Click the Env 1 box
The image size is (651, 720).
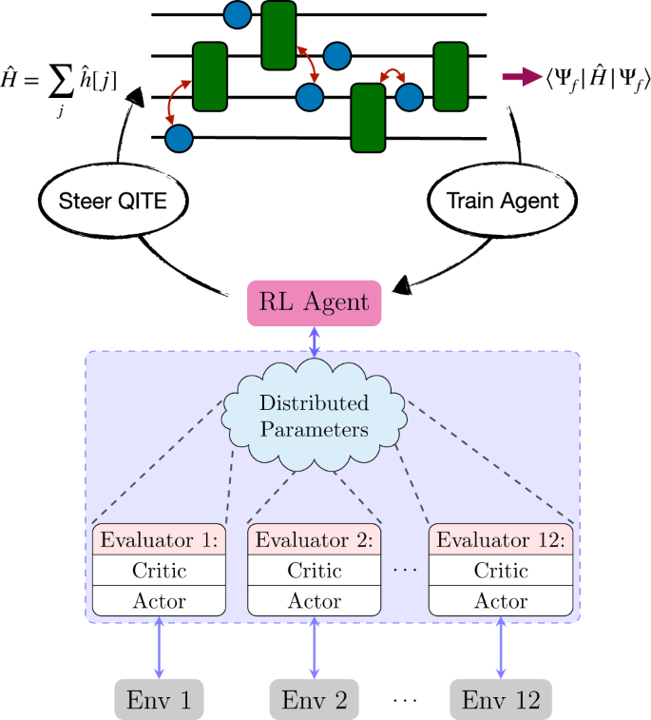158,700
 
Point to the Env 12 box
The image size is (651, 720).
501,700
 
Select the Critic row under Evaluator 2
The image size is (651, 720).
314,571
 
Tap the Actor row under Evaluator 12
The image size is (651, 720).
501,601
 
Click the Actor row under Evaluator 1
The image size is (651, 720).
159,601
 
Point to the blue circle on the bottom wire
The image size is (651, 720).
179,139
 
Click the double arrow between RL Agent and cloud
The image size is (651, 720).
314,343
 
